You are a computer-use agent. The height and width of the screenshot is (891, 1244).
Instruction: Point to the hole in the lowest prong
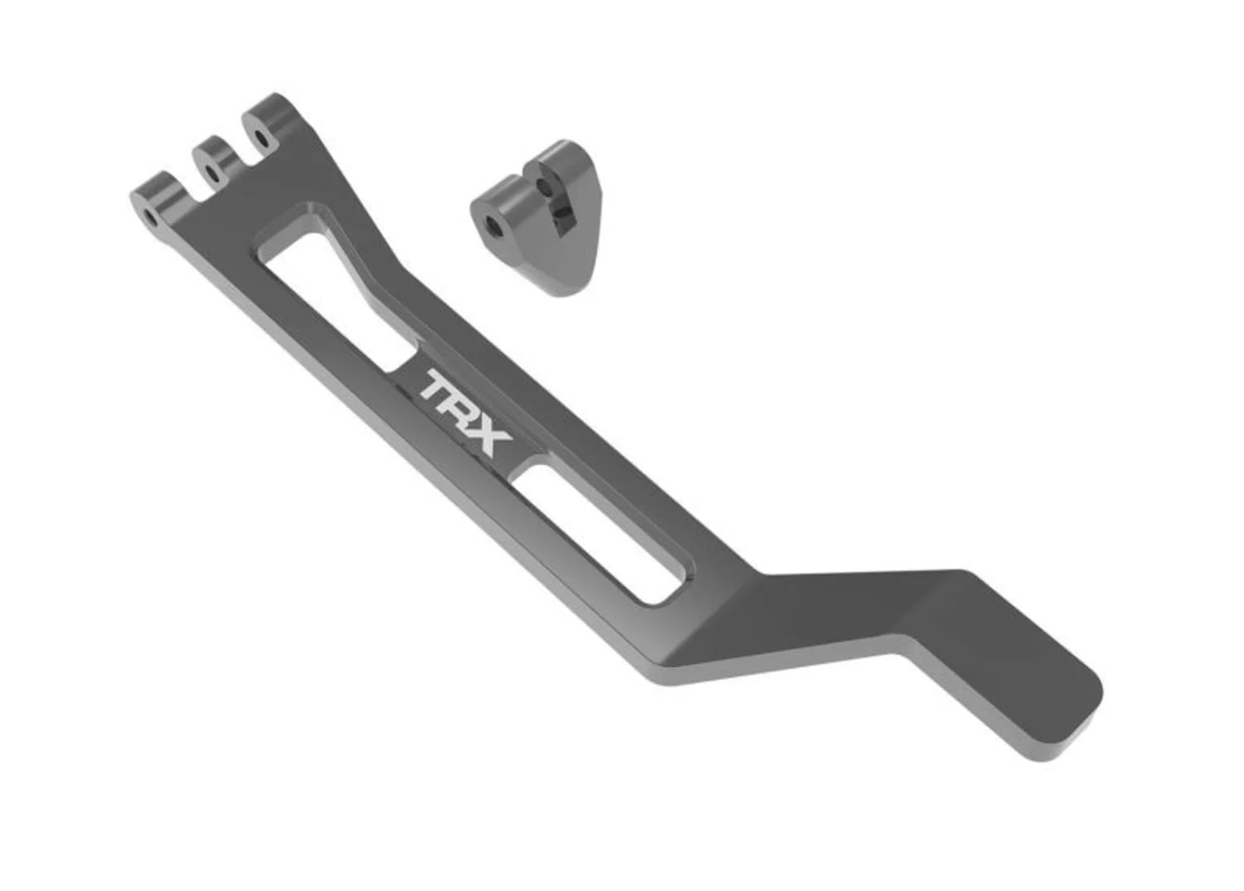[x=150, y=218]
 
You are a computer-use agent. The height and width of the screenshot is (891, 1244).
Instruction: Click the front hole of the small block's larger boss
[x=493, y=225]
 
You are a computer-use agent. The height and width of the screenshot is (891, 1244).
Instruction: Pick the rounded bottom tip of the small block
[x=564, y=286]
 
